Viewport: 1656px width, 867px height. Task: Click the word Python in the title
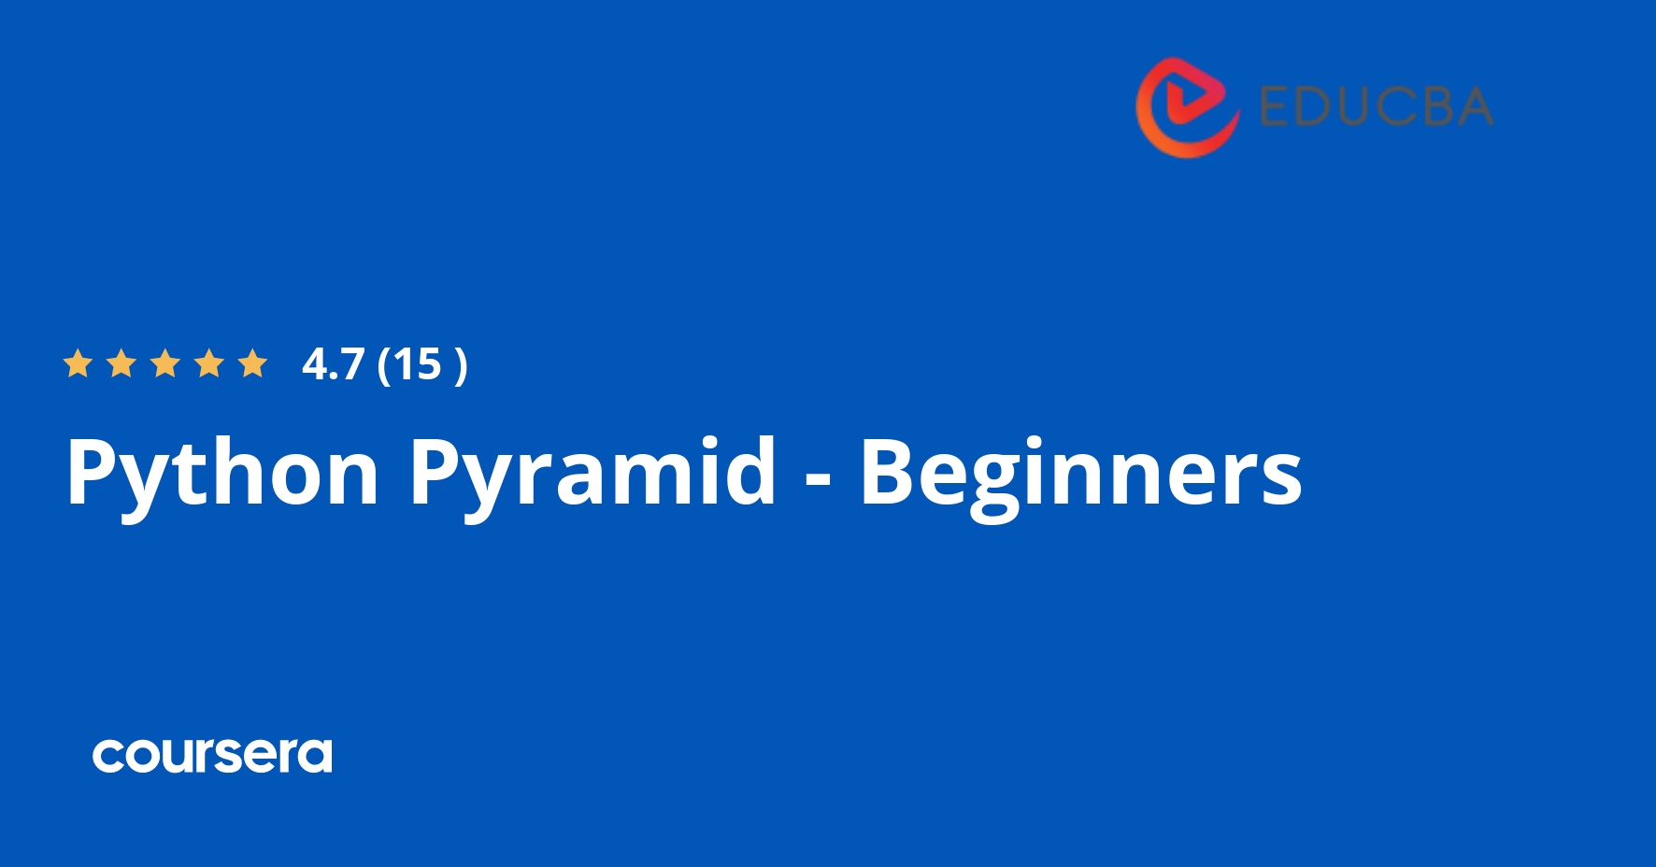(x=222, y=474)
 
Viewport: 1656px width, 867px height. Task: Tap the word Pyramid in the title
(x=592, y=474)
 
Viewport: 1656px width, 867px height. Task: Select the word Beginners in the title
(x=1080, y=474)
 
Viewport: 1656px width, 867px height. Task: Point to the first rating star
(x=78, y=363)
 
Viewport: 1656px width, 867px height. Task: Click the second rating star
(x=121, y=363)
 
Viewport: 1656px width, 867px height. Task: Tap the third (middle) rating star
(x=165, y=363)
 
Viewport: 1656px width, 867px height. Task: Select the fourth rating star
(x=209, y=363)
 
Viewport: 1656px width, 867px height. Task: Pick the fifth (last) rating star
(x=253, y=363)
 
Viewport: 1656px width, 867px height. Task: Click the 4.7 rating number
(x=333, y=364)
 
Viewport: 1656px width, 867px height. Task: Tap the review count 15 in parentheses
(x=417, y=364)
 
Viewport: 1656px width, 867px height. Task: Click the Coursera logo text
(x=212, y=756)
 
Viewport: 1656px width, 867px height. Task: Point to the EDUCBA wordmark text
(x=1376, y=107)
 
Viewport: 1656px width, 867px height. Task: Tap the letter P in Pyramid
(x=436, y=472)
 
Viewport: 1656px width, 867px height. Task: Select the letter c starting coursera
(x=108, y=757)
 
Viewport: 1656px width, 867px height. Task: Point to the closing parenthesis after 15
(x=460, y=365)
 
